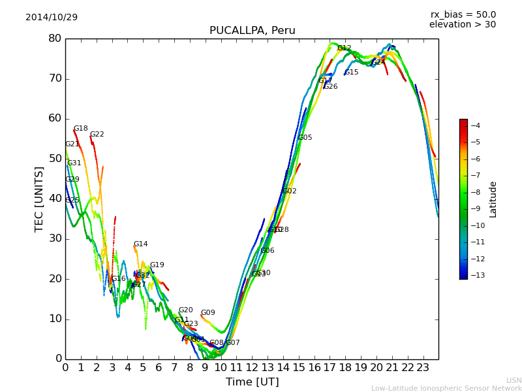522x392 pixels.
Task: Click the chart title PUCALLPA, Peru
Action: click(252, 31)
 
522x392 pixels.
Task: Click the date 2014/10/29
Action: click(52, 17)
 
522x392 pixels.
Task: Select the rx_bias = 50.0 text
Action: click(463, 14)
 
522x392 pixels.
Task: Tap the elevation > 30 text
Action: click(462, 25)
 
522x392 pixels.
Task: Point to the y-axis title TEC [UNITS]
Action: click(39, 199)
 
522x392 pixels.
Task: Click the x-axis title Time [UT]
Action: click(252, 382)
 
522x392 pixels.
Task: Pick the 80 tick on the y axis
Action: click(55, 39)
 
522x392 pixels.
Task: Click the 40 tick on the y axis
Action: click(55, 199)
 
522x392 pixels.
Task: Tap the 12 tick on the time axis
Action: click(252, 367)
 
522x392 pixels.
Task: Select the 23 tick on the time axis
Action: click(423, 367)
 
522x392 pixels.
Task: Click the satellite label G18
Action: click(80, 129)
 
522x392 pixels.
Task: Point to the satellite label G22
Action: click(97, 135)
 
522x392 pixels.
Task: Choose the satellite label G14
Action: click(140, 244)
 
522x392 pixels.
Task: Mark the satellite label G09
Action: click(207, 313)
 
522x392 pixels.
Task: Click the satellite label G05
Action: click(305, 138)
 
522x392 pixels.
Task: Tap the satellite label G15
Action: click(352, 73)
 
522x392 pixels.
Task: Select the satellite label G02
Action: click(289, 191)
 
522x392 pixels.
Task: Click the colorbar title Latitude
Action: click(493, 199)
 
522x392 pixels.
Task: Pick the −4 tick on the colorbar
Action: click(475, 125)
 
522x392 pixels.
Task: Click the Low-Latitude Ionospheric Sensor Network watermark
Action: click(446, 389)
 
